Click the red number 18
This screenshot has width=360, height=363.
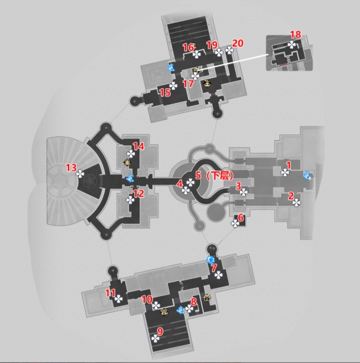[295, 35]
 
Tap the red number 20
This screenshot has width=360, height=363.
[237, 43]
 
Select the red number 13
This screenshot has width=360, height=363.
[72, 168]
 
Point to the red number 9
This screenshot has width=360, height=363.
[160, 332]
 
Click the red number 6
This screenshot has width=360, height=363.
[241, 218]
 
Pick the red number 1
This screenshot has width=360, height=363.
[288, 165]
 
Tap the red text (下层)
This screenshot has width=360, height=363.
[219, 176]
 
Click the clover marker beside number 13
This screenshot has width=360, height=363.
[80, 174]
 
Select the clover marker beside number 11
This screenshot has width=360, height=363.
[118, 299]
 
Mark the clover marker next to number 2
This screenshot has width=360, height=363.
[297, 203]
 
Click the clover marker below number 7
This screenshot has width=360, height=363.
[219, 275]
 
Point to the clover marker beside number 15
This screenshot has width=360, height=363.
[173, 86]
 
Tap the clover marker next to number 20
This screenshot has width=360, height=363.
[229, 51]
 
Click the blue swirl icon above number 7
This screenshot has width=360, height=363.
[211, 259]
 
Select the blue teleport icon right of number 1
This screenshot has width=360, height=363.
[307, 175]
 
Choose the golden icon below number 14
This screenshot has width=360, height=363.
[127, 162]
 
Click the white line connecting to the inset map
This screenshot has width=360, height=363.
[234, 62]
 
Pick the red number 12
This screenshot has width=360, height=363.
[139, 194]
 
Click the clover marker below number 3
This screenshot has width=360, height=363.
[243, 192]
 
